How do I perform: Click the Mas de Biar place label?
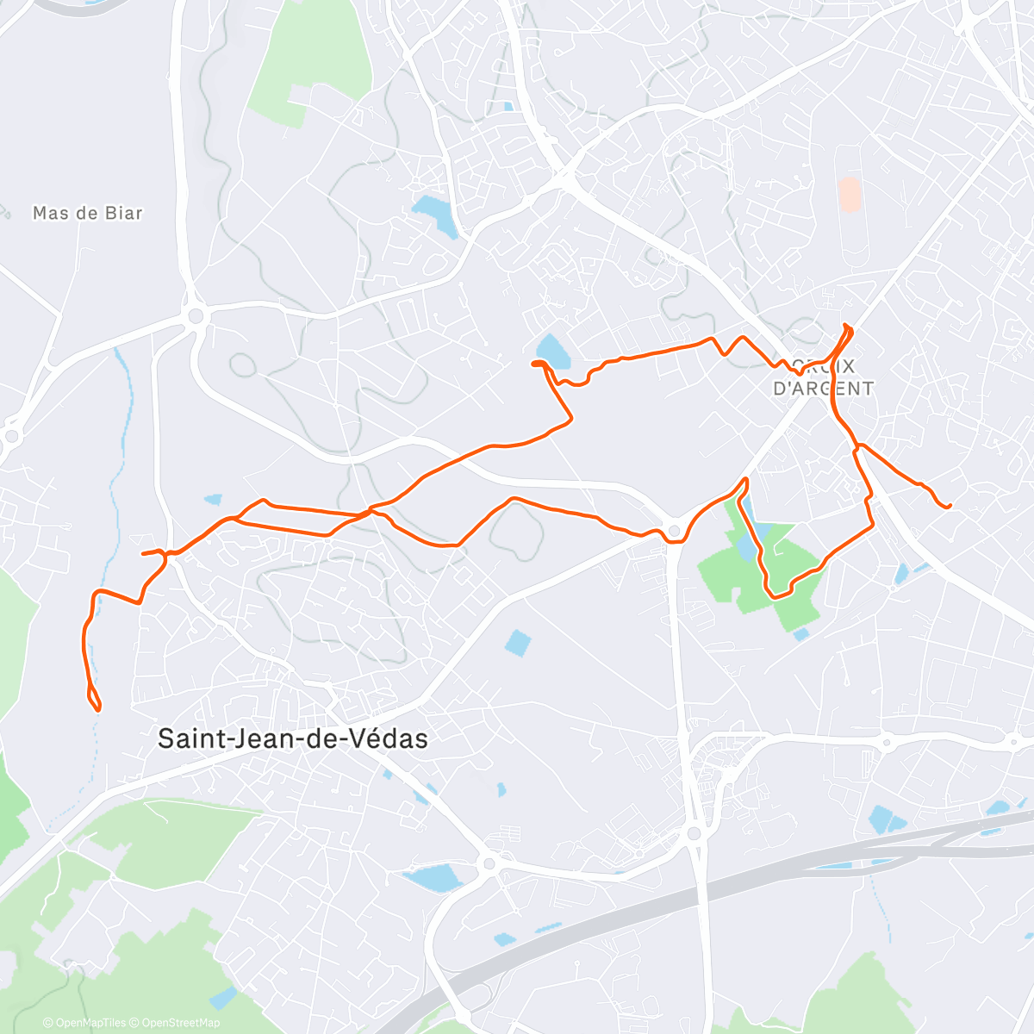coord(87,213)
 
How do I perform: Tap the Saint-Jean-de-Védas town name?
coord(293,738)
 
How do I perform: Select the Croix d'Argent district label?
coord(823,377)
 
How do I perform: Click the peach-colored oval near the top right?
coord(849,194)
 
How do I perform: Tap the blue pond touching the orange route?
coord(551,351)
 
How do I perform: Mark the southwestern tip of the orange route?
coord(97,709)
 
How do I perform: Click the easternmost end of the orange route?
coord(949,506)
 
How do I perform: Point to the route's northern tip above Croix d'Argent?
coord(848,326)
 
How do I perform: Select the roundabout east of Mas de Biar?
coord(196,316)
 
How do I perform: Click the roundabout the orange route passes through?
coord(675,531)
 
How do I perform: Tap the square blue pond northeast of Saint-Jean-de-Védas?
coord(518,642)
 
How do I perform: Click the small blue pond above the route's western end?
coord(212,499)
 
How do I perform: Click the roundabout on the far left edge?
coord(10,436)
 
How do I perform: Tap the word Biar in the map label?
coord(121,213)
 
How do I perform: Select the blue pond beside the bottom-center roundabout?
coord(435,878)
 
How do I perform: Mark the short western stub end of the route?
coord(143,553)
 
